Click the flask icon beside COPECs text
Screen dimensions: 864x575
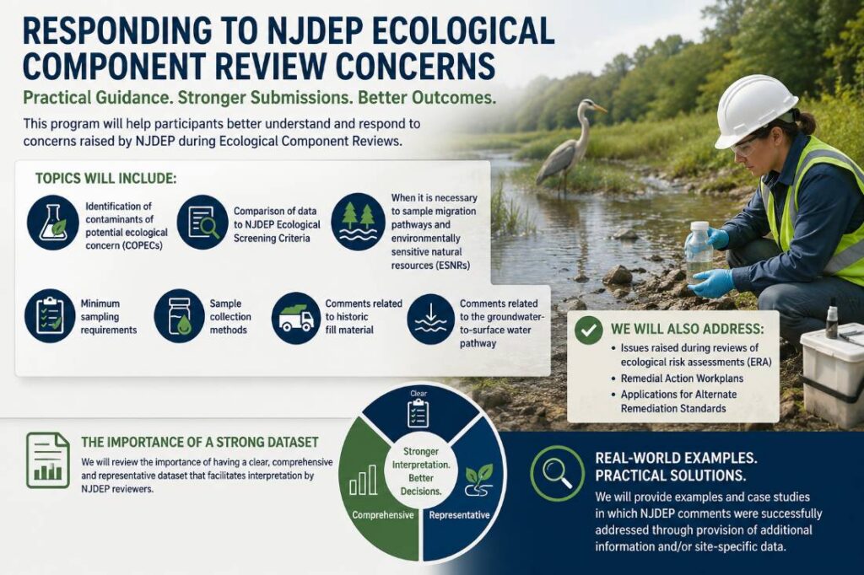click(53, 223)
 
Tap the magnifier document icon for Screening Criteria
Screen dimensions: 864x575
click(202, 223)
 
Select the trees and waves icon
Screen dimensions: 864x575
click(358, 222)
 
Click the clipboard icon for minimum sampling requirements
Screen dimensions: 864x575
click(50, 316)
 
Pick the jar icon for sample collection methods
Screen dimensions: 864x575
click(180, 316)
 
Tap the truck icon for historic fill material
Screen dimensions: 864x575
click(296, 318)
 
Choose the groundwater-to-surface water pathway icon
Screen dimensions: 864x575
click(431, 319)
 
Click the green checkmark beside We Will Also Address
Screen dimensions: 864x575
click(588, 330)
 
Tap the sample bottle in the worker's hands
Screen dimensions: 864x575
click(698, 252)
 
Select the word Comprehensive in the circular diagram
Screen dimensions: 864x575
click(383, 515)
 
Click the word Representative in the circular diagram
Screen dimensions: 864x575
click(459, 515)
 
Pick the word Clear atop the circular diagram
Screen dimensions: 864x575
click(418, 393)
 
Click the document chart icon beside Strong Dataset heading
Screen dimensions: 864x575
click(48, 460)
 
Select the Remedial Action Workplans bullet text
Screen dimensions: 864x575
click(682, 379)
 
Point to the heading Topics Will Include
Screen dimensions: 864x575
click(105, 179)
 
